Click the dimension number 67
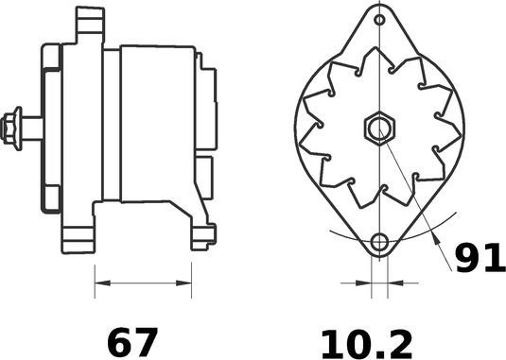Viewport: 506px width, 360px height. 131,341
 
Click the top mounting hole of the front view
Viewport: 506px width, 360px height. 379,19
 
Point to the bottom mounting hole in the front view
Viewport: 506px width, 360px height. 379,242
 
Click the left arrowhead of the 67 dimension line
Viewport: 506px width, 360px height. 101,282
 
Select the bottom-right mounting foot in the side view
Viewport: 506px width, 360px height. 201,236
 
